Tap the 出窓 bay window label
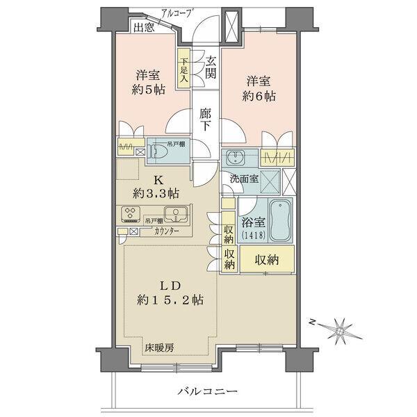144,28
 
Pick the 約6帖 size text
259,97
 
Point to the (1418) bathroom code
254,238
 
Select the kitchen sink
176,213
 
